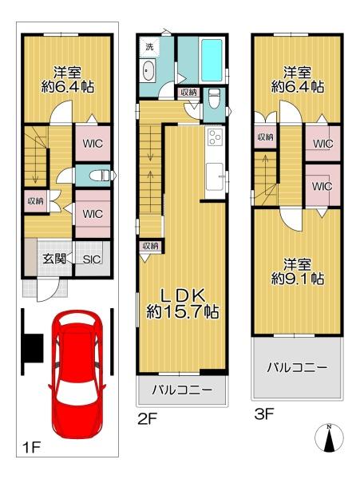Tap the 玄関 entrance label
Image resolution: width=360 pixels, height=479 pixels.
pos(54,258)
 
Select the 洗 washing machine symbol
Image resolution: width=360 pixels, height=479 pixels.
pos(149,46)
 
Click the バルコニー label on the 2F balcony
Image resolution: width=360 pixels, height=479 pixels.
pos(182,391)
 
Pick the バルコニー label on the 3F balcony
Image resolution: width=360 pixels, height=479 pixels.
pos(296,368)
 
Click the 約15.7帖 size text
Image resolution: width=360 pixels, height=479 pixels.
pos(182,311)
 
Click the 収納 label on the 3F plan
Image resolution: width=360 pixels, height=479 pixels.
pos(265,137)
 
